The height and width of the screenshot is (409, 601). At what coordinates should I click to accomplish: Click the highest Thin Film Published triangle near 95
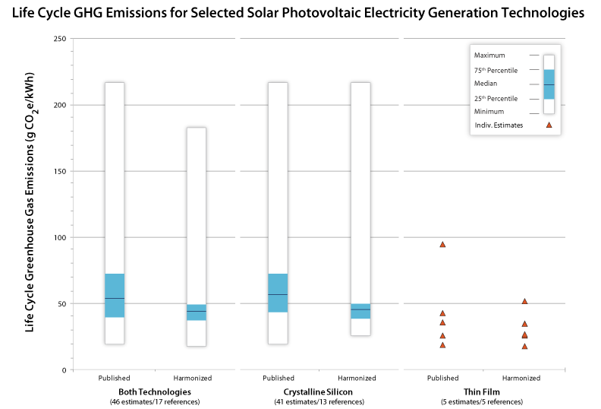[x=442, y=244]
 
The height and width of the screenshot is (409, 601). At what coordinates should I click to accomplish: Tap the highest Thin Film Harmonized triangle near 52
[x=524, y=301]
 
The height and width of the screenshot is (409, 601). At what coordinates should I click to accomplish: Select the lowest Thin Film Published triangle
[x=442, y=345]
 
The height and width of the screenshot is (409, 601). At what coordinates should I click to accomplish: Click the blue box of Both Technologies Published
[x=115, y=295]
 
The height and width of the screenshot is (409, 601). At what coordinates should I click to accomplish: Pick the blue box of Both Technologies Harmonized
[x=197, y=312]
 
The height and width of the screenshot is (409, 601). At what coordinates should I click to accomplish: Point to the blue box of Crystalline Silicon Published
[x=278, y=293]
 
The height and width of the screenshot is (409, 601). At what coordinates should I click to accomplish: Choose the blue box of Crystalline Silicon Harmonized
[x=360, y=311]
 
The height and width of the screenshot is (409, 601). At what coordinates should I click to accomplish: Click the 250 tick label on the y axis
[x=58, y=39]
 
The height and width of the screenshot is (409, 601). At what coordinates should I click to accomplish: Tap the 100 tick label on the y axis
[x=58, y=238]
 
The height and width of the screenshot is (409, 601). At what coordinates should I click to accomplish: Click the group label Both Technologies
[x=156, y=391]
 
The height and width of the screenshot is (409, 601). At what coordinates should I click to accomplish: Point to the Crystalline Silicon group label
[x=319, y=391]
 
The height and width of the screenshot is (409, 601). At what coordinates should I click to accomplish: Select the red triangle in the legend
[x=549, y=125]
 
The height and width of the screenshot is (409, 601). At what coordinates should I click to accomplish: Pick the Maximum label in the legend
[x=489, y=55]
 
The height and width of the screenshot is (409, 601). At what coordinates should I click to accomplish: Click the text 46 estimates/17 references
[x=156, y=401]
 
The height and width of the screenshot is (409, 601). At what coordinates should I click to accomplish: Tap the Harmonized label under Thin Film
[x=521, y=378]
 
